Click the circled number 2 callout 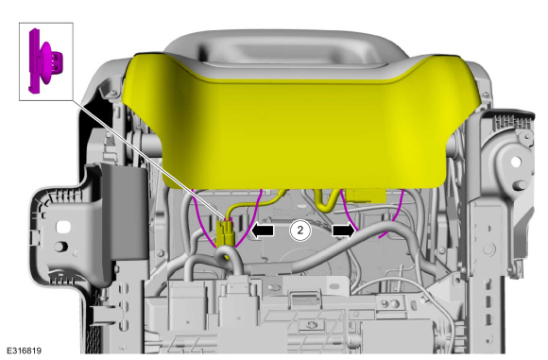(x=300, y=231)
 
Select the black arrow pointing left (x=263, y=231)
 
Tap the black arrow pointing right (x=343, y=231)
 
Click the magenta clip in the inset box (x=44, y=61)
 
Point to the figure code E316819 (x=25, y=351)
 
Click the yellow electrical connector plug (x=225, y=232)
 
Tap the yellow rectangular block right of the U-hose (x=366, y=196)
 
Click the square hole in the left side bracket (x=63, y=227)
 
